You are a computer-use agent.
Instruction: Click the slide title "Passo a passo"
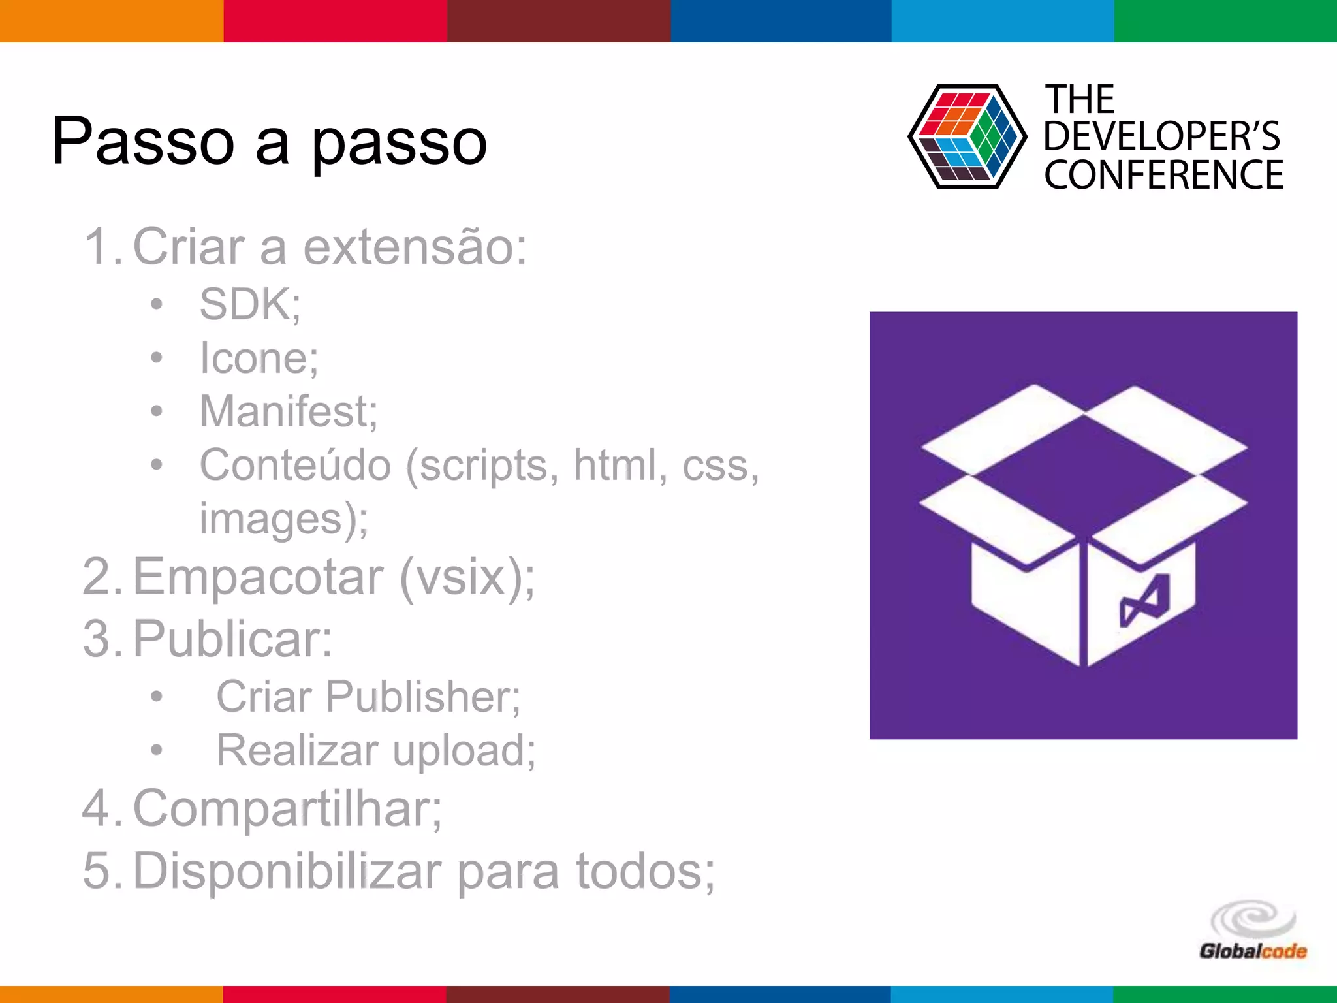click(x=269, y=141)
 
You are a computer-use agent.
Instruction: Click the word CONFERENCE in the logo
click(x=1163, y=175)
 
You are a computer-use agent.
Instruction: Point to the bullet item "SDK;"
click(x=250, y=304)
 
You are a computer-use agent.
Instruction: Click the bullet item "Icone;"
click(x=259, y=358)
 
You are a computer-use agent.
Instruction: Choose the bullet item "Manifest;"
click(x=288, y=411)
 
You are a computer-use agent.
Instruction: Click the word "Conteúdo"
click(x=295, y=465)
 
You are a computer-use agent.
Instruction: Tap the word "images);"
click(x=283, y=519)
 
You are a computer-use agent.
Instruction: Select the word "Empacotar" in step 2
click(x=259, y=577)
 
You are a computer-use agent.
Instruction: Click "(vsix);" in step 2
click(x=467, y=577)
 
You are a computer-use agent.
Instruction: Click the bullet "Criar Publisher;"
click(x=368, y=697)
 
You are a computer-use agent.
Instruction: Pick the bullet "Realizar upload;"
click(x=375, y=750)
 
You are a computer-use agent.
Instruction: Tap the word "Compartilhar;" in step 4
click(x=287, y=808)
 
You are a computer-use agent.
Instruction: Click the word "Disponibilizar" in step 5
click(x=287, y=870)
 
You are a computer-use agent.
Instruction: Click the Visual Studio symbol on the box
click(x=1144, y=601)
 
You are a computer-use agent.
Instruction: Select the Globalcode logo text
click(x=1253, y=951)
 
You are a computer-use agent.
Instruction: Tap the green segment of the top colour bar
click(x=1225, y=21)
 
